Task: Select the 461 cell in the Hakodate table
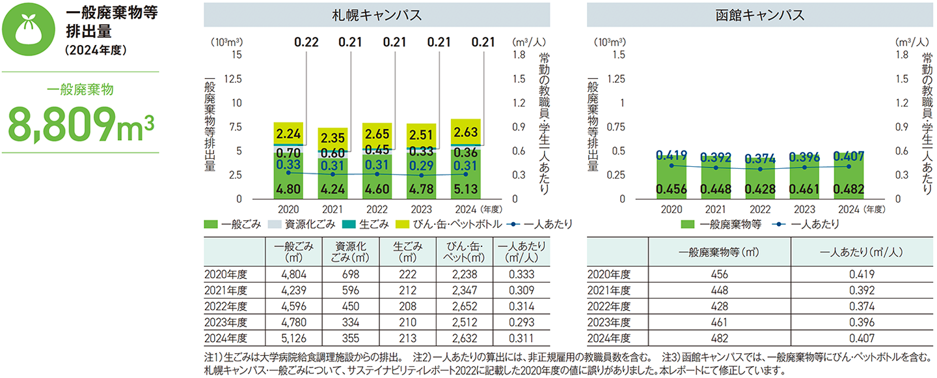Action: tap(720, 322)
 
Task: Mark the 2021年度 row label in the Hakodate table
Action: tap(609, 290)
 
